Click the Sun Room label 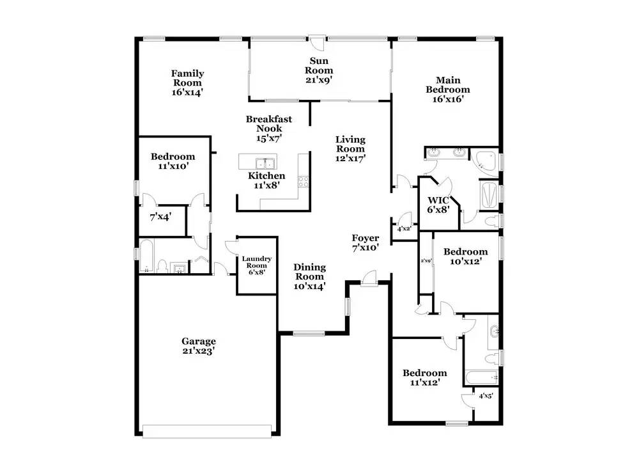click(x=319, y=66)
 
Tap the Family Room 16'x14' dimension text click(x=187, y=92)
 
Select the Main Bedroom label click(x=448, y=85)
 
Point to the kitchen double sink click(x=265, y=162)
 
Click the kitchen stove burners click(x=304, y=181)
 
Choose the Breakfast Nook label click(x=269, y=123)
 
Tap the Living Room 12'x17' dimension click(x=350, y=158)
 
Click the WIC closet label click(x=438, y=201)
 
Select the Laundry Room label click(x=257, y=262)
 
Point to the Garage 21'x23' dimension click(x=199, y=351)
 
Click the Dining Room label click(x=310, y=272)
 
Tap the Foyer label click(x=366, y=238)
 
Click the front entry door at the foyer click(x=369, y=280)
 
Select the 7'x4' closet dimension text click(x=160, y=217)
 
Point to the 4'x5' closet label click(x=486, y=396)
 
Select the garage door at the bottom click(x=207, y=432)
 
